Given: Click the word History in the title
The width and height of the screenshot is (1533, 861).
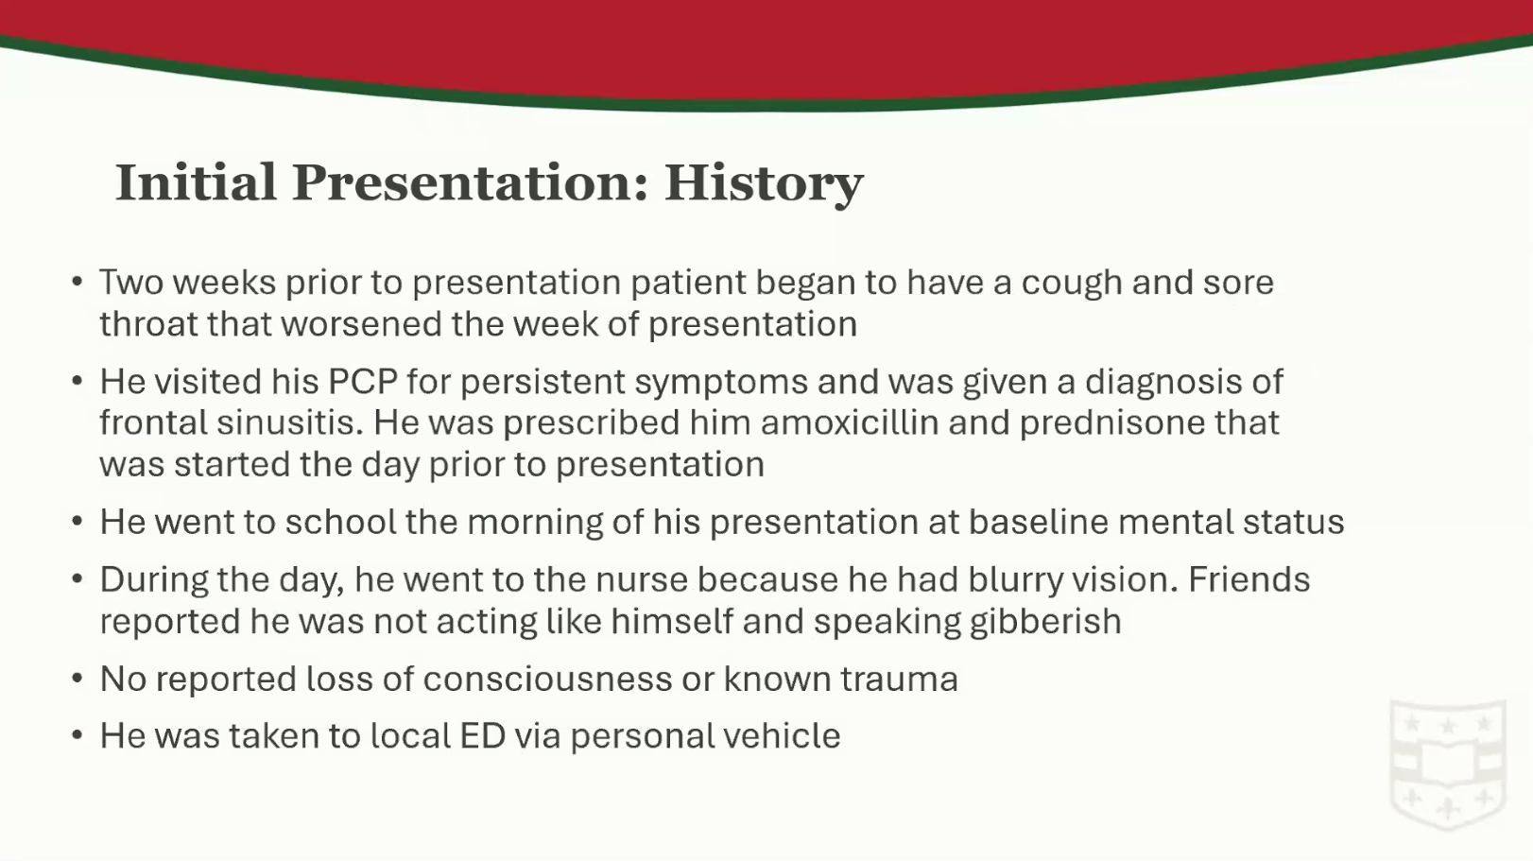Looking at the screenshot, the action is tap(764, 183).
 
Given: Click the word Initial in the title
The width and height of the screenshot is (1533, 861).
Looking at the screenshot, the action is tap(196, 182).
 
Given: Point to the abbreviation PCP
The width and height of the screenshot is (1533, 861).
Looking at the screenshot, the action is tap(363, 381).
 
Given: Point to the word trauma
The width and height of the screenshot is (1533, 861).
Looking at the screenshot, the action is tap(899, 680).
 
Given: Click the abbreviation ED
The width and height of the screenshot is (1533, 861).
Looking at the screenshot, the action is tap(483, 736).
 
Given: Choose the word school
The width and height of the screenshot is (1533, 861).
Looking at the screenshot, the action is tap(341, 522).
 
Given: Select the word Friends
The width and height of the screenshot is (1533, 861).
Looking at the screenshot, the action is tap(1249, 579).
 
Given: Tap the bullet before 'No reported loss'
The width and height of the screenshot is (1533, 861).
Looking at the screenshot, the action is tap(78, 679).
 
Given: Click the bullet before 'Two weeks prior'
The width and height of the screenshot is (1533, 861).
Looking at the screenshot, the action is tap(78, 282).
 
